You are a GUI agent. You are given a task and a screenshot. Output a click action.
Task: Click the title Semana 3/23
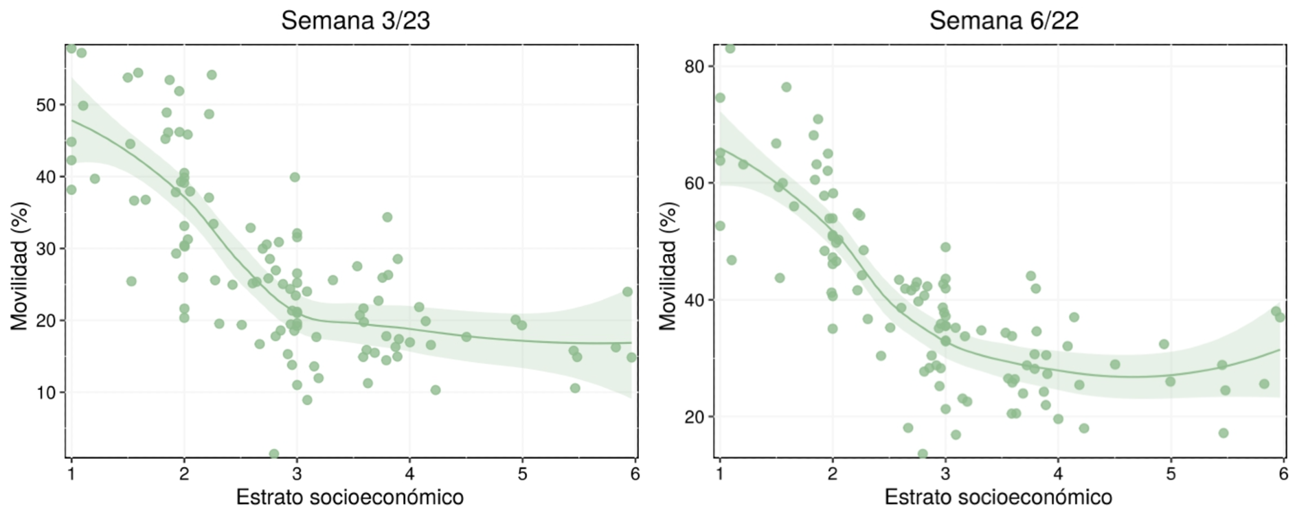(x=355, y=21)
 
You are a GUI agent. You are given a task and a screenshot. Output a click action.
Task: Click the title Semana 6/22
(x=1004, y=21)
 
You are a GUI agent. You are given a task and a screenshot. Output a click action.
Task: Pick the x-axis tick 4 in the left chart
(x=409, y=474)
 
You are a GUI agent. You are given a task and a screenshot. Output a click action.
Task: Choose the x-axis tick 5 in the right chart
(x=1171, y=474)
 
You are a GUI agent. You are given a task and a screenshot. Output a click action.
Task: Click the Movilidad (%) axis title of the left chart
(x=20, y=266)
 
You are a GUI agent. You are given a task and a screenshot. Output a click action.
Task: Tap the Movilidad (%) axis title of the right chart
(x=668, y=266)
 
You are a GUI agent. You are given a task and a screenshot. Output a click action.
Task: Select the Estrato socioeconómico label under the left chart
(x=350, y=497)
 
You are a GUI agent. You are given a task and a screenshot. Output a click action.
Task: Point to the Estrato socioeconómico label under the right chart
(x=998, y=497)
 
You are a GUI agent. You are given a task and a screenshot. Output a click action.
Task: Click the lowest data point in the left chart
(x=274, y=455)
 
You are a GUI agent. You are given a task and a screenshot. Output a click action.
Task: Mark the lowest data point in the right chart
(x=923, y=455)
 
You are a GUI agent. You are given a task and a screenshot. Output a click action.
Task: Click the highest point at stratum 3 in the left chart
(x=295, y=177)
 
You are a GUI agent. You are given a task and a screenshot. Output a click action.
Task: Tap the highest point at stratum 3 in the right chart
(x=945, y=247)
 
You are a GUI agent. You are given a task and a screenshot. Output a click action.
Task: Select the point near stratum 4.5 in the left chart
(x=466, y=337)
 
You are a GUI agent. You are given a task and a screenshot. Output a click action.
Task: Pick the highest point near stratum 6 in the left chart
(x=627, y=292)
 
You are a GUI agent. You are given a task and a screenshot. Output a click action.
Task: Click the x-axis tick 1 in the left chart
(x=71, y=474)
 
